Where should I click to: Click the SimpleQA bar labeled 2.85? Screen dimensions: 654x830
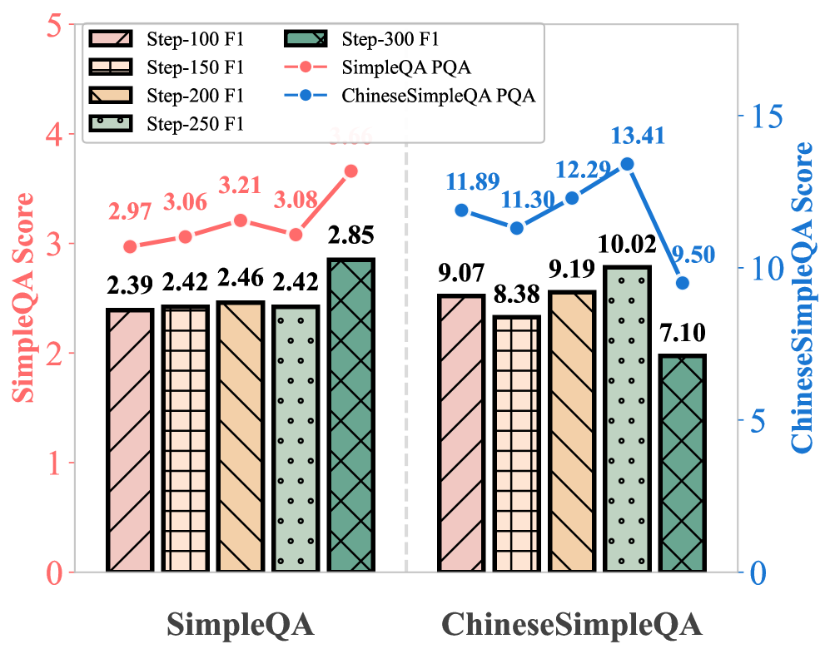350,416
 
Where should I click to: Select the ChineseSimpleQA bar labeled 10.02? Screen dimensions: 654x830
627,419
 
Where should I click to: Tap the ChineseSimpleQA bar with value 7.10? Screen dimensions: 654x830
683,463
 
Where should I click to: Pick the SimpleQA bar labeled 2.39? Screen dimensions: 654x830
130,441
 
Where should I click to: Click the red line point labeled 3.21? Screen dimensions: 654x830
241,220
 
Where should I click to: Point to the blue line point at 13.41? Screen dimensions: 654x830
628,164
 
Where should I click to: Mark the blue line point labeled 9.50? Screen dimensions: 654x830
683,283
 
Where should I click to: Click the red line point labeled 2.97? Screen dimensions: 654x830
130,246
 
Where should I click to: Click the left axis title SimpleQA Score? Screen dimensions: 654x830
24,298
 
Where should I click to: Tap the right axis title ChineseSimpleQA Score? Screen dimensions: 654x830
803,298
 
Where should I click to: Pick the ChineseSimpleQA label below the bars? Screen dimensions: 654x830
571,625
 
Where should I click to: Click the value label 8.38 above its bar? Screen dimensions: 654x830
517,295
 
